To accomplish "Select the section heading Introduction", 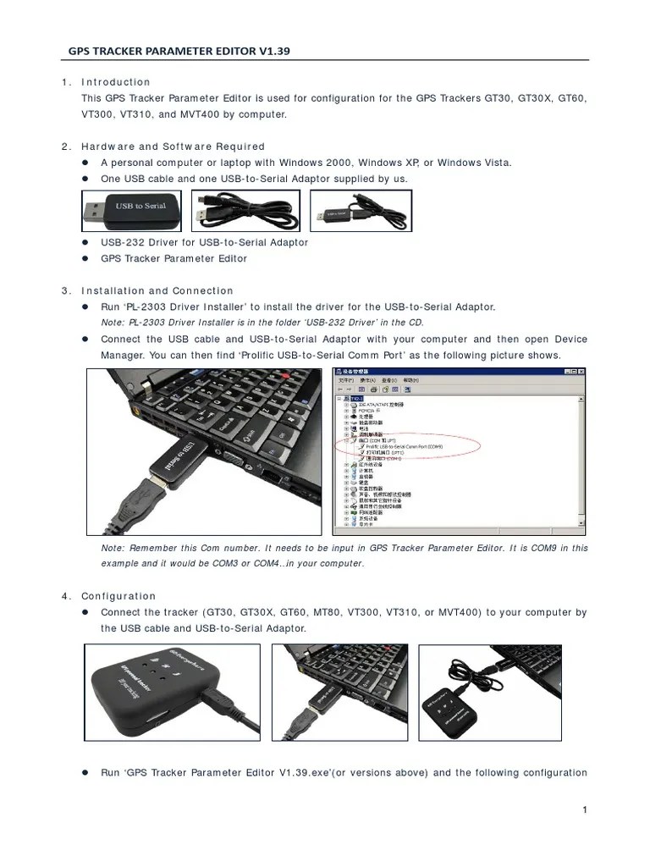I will (x=115, y=82).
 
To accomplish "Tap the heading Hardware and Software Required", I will (x=173, y=146).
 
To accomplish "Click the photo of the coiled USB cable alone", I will (x=245, y=210).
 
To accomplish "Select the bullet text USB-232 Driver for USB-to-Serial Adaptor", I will (x=204, y=242).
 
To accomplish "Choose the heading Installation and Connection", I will (x=157, y=290).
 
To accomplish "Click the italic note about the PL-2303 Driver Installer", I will (x=262, y=323).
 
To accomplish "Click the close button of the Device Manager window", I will (x=581, y=372).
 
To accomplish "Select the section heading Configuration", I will (x=118, y=596).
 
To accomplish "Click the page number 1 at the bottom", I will (x=584, y=810).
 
